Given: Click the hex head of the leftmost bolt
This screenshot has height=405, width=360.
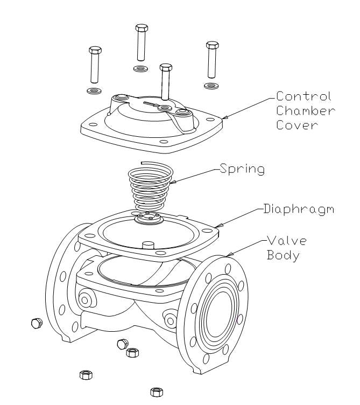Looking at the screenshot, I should (x=95, y=51).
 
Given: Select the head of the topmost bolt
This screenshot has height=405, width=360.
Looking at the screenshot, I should (x=142, y=27).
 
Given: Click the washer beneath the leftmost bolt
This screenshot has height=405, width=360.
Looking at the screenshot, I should (x=95, y=88).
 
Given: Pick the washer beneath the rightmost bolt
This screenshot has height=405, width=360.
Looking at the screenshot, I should (x=210, y=85).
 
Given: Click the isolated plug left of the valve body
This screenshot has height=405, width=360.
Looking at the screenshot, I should (x=37, y=323).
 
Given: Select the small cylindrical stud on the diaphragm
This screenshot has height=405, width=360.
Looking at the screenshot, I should (x=146, y=246).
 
